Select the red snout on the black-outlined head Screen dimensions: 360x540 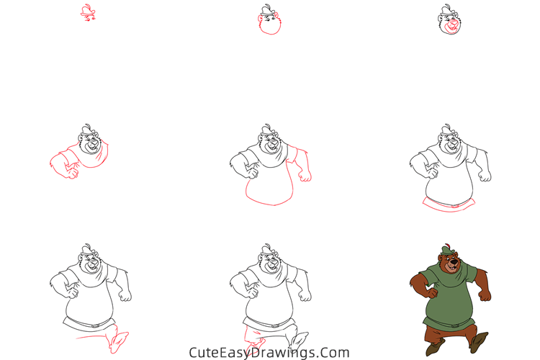point(451,27)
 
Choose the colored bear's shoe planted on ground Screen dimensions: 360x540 point(433,348)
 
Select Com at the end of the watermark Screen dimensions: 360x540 point(335,353)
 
